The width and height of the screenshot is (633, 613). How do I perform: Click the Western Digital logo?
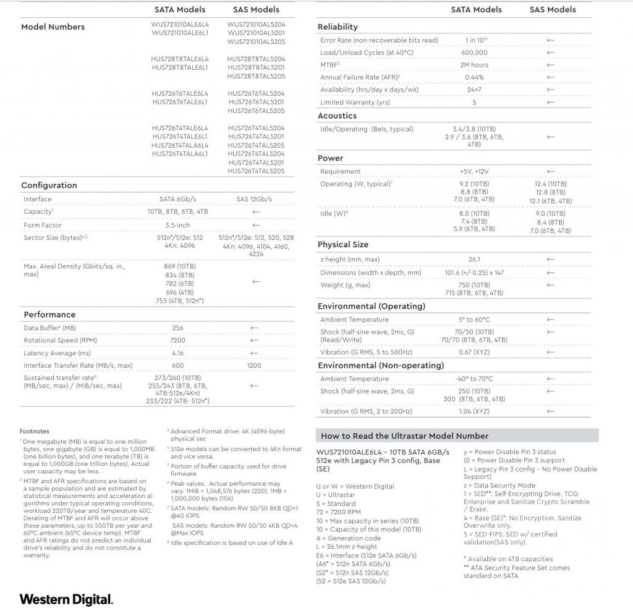pos(66,599)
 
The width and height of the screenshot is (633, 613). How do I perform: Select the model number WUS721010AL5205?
pos(256,41)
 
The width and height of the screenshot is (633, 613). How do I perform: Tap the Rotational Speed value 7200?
pos(178,340)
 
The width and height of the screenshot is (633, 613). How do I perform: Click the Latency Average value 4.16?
pos(178,353)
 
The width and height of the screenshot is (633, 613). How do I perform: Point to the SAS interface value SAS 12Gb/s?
pos(254,199)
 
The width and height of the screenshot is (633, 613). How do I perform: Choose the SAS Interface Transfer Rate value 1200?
pos(254,365)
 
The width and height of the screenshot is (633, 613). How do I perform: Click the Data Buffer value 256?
pos(178,328)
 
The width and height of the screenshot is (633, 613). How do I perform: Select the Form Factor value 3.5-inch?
pos(177,226)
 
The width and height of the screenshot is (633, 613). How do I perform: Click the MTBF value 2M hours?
pos(474,65)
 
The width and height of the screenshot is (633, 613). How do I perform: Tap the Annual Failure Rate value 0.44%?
pos(474,77)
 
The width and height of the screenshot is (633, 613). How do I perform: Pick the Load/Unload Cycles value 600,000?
pos(474,53)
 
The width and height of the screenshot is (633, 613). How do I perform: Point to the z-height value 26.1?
pos(474,260)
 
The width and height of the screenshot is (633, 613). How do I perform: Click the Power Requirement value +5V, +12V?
pos(474,171)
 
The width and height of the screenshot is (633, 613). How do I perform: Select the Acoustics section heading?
pos(337,116)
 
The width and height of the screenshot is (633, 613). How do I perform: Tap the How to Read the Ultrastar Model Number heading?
pos(404,436)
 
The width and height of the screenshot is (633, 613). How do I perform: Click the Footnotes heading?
pos(35,431)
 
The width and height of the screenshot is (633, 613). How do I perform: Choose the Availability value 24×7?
pos(474,90)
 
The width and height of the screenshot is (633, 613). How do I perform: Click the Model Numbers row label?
pos(53,27)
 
